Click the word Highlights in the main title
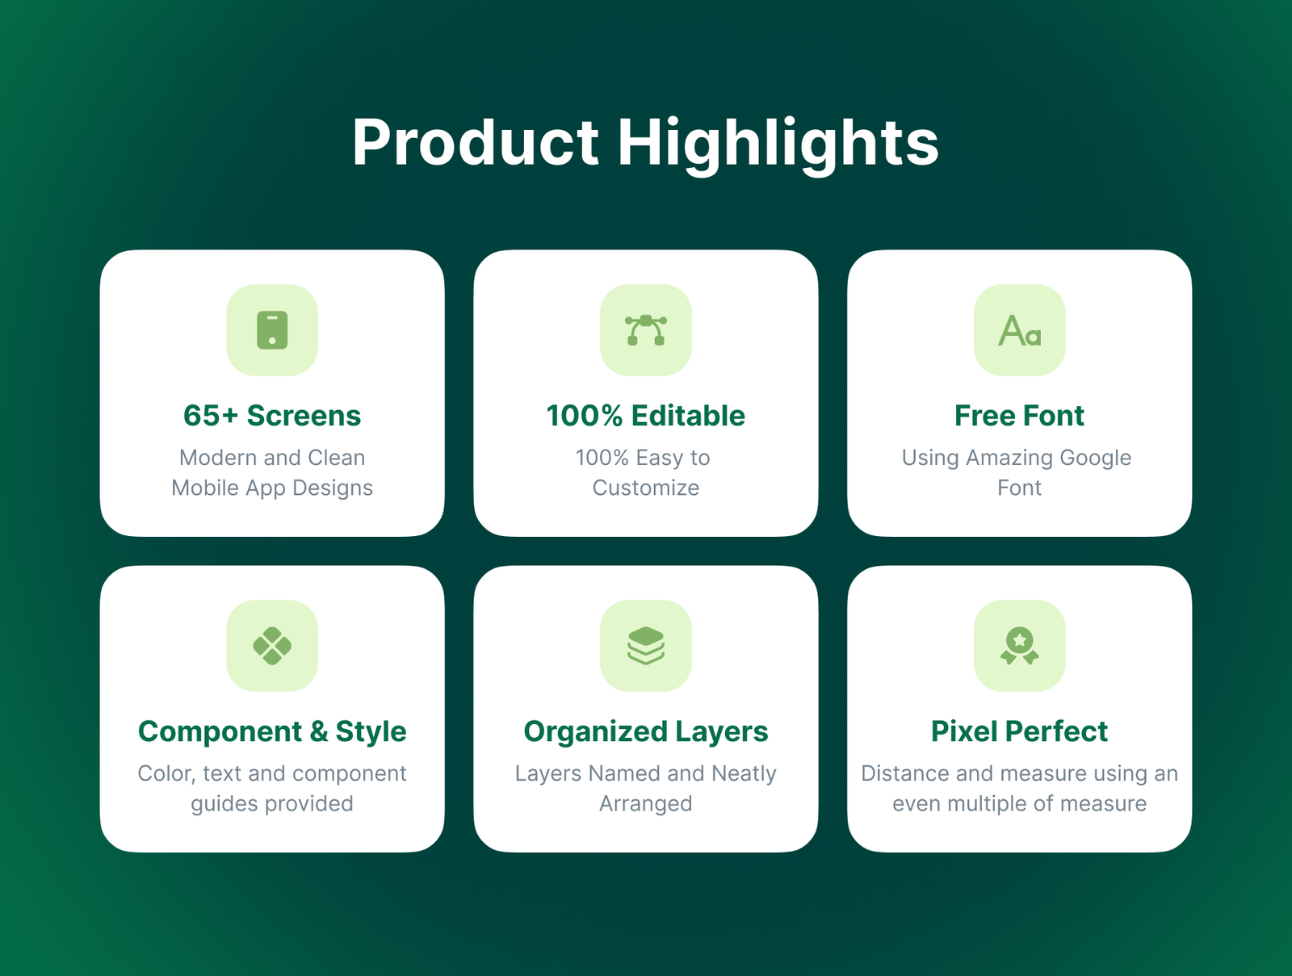click(778, 145)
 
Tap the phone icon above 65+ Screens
click(272, 330)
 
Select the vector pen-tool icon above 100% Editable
click(646, 330)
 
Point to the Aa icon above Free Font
click(1020, 330)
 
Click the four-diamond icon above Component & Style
click(272, 645)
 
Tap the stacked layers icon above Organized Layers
click(646, 645)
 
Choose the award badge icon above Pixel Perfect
click(1020, 645)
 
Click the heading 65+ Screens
click(272, 415)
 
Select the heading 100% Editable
click(646, 415)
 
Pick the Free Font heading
click(1020, 415)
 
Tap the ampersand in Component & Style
click(319, 731)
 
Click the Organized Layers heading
click(646, 732)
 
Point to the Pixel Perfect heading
click(1020, 731)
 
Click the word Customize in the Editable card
click(646, 488)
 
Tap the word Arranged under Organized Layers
click(646, 804)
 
